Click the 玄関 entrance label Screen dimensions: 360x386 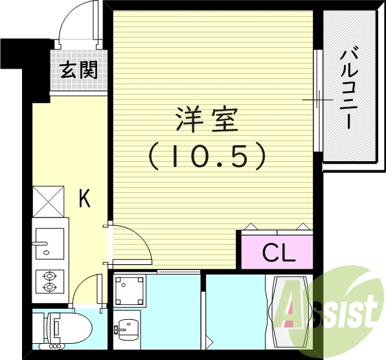coord(79,70)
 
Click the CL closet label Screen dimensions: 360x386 coord(278,253)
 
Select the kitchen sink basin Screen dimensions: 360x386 coord(48,243)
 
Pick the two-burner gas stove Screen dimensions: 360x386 coord(49,282)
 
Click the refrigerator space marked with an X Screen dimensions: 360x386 coord(48,201)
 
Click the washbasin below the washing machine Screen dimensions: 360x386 coord(129,327)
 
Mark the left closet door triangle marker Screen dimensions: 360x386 coord(251,226)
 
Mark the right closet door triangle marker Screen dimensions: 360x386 coord(302,226)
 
